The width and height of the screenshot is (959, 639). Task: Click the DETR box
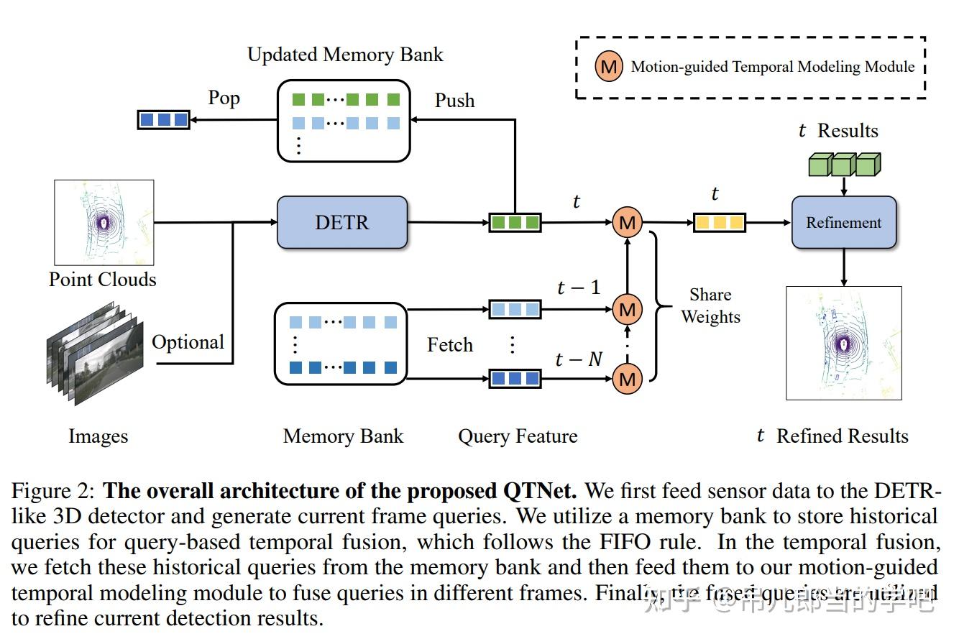click(341, 222)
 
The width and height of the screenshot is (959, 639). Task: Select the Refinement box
click(843, 223)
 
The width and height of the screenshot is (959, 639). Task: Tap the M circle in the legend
click(609, 67)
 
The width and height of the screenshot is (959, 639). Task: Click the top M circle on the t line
click(627, 223)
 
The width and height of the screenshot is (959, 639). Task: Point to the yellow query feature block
click(719, 223)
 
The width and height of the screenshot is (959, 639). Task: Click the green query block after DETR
click(515, 223)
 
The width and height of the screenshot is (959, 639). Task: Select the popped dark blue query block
click(163, 119)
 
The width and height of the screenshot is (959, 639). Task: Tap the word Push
click(454, 101)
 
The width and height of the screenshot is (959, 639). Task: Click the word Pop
click(224, 98)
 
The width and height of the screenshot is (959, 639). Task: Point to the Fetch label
click(450, 345)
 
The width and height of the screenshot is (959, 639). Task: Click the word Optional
click(188, 342)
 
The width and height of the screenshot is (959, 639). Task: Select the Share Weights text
click(710, 305)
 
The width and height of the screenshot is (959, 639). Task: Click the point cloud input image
click(104, 222)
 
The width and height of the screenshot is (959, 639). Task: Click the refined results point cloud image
click(843, 343)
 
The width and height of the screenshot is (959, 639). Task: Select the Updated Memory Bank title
click(345, 55)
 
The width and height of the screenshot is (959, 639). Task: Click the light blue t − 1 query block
click(515, 310)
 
